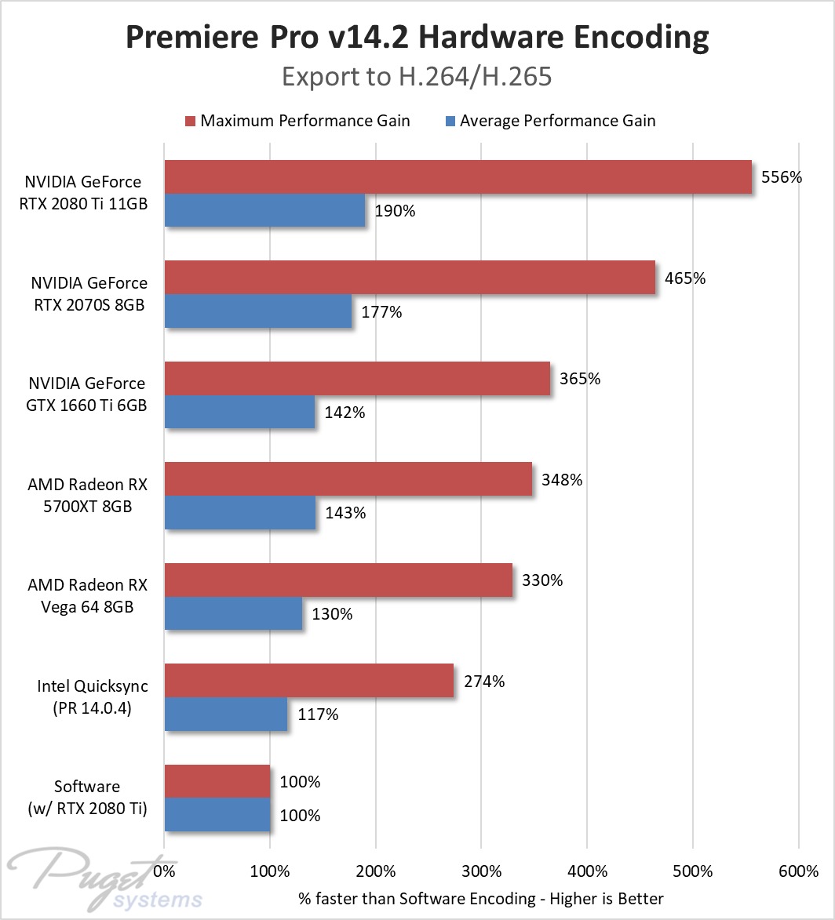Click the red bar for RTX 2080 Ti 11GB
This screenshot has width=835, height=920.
point(458,176)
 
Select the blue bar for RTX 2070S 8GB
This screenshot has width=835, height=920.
point(258,311)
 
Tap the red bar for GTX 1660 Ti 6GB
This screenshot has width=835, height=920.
point(357,379)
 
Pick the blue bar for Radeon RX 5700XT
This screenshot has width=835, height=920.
point(240,512)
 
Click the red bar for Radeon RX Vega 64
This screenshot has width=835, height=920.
point(338,580)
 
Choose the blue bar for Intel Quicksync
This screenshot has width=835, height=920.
point(226,714)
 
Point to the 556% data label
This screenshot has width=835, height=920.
point(782,177)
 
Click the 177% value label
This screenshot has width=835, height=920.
point(381,311)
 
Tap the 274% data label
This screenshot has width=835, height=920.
point(484,682)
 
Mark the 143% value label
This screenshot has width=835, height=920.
point(345,513)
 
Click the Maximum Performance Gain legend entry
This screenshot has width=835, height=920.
point(297,121)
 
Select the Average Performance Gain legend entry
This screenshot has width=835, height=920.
point(551,121)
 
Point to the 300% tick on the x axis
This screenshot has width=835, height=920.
point(482,871)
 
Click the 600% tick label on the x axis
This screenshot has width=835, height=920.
point(799,871)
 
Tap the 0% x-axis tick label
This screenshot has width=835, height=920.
point(165,871)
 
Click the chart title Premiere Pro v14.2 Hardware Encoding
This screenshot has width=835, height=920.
point(417,37)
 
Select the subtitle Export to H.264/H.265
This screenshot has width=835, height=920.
point(417,77)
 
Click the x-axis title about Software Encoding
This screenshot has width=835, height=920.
point(481,899)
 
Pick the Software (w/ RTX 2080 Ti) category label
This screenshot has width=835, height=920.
point(87,798)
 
